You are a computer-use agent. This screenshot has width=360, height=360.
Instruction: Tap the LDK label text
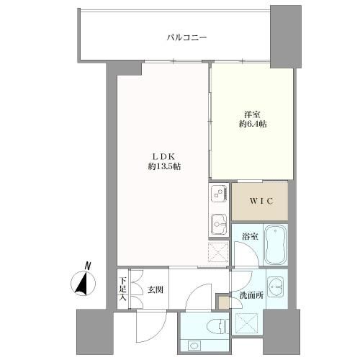coord(164,157)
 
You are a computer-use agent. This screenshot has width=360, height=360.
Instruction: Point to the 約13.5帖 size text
coord(164,166)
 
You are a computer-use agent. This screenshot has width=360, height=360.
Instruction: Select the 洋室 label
coord(253,114)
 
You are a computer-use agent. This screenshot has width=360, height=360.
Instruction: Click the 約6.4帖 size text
coord(253,124)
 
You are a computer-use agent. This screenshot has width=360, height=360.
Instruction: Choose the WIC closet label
coord(261,201)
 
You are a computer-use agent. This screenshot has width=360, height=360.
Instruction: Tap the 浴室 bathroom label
coord(250,237)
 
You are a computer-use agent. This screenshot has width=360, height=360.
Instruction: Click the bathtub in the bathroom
coord(275,244)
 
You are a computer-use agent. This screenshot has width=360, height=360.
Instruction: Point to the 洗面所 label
coord(251,295)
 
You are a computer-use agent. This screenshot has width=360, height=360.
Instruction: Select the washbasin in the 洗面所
coord(275,287)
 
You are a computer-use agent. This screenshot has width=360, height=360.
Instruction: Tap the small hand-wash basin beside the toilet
coord(194,346)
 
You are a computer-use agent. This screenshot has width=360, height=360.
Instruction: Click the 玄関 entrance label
coord(155,290)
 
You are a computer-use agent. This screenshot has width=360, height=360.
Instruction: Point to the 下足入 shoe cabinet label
coord(123,289)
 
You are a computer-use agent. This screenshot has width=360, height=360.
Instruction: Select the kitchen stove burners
coord(219,194)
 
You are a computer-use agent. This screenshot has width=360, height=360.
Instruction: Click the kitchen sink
coord(219,223)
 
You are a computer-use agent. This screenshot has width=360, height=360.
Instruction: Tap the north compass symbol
coord(83,283)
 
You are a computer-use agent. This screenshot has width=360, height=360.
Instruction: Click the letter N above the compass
coord(88,266)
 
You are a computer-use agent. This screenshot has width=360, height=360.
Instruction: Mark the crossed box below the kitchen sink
coord(218,252)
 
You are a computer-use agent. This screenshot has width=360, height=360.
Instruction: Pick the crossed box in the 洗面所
coord(246,323)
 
